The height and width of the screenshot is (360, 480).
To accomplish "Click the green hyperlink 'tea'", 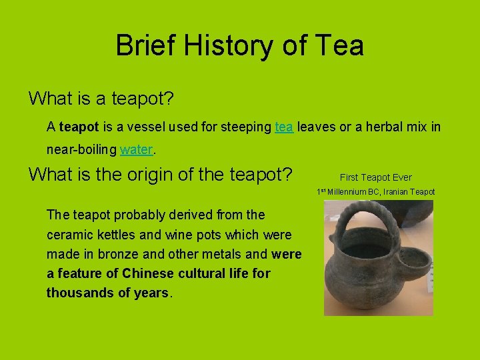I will [x=284, y=126].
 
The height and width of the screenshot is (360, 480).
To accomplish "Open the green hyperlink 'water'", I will [x=137, y=150].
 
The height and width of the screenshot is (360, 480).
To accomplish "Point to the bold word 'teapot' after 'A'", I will [x=79, y=126].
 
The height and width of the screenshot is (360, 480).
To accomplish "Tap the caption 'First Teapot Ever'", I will [x=375, y=177].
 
